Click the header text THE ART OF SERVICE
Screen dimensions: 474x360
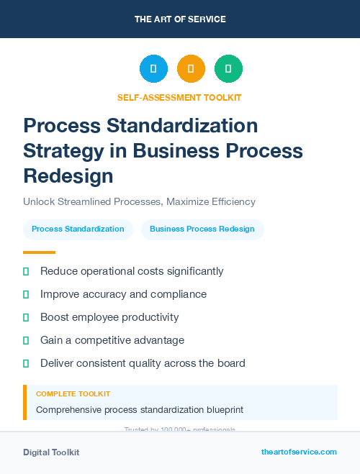[x=179, y=19]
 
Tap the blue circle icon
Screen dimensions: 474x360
[x=153, y=69]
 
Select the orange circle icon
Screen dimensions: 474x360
[x=191, y=69]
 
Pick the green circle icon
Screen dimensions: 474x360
[x=228, y=69]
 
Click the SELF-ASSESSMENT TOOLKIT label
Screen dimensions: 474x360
[x=179, y=97]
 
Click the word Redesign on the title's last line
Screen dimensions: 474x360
[x=68, y=176]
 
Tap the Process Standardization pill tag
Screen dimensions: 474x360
[x=78, y=229]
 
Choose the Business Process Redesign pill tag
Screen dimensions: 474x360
[x=202, y=229]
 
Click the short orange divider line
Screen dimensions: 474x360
[x=39, y=252]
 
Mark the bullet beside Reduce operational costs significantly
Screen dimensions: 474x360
[x=26, y=271]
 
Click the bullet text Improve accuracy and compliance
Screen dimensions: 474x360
[x=123, y=294]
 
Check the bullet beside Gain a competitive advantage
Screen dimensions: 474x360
[x=26, y=340]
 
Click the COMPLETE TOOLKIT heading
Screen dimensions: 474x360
[x=73, y=394]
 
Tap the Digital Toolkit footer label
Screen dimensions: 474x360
[x=51, y=452]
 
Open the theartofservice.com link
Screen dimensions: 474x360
[x=299, y=452]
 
